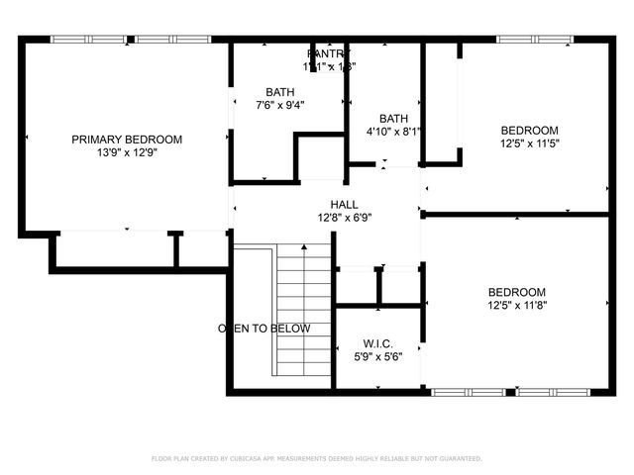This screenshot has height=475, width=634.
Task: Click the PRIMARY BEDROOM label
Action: tap(127, 140)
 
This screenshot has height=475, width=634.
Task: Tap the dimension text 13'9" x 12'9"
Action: tap(127, 153)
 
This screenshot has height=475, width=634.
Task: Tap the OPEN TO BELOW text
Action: tap(264, 329)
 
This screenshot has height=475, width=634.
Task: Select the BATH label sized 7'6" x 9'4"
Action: tap(279, 92)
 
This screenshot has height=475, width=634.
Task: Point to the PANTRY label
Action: tap(329, 53)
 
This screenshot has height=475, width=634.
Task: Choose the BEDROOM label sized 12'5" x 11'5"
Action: tap(529, 130)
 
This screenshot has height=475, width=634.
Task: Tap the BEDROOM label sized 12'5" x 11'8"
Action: tap(516, 292)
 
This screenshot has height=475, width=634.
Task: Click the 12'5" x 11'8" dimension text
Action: tap(516, 306)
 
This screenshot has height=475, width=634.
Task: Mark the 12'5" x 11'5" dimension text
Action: tap(529, 143)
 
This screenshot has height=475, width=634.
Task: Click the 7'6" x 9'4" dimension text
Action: tap(279, 105)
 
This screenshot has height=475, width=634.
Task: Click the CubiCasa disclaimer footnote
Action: tap(316, 459)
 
